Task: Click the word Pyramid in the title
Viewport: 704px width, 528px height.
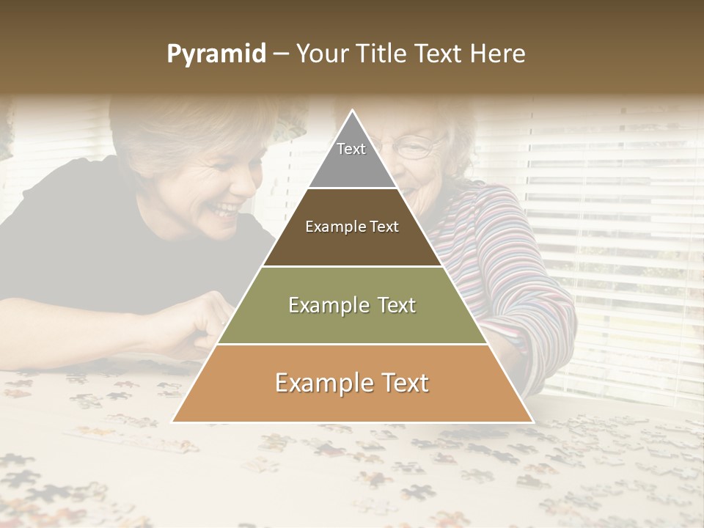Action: [216, 54]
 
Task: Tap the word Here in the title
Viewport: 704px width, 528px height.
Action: [498, 54]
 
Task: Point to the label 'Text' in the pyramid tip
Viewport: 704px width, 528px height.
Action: [351, 149]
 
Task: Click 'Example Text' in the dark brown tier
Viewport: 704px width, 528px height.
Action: [352, 227]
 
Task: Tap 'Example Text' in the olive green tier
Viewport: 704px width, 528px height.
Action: [352, 305]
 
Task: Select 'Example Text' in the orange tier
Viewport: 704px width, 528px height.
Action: [352, 383]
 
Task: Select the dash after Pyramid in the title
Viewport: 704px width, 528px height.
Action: [281, 54]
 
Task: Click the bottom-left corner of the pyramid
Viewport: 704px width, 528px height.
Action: [172, 422]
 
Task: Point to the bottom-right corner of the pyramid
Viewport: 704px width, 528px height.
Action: [532, 422]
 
